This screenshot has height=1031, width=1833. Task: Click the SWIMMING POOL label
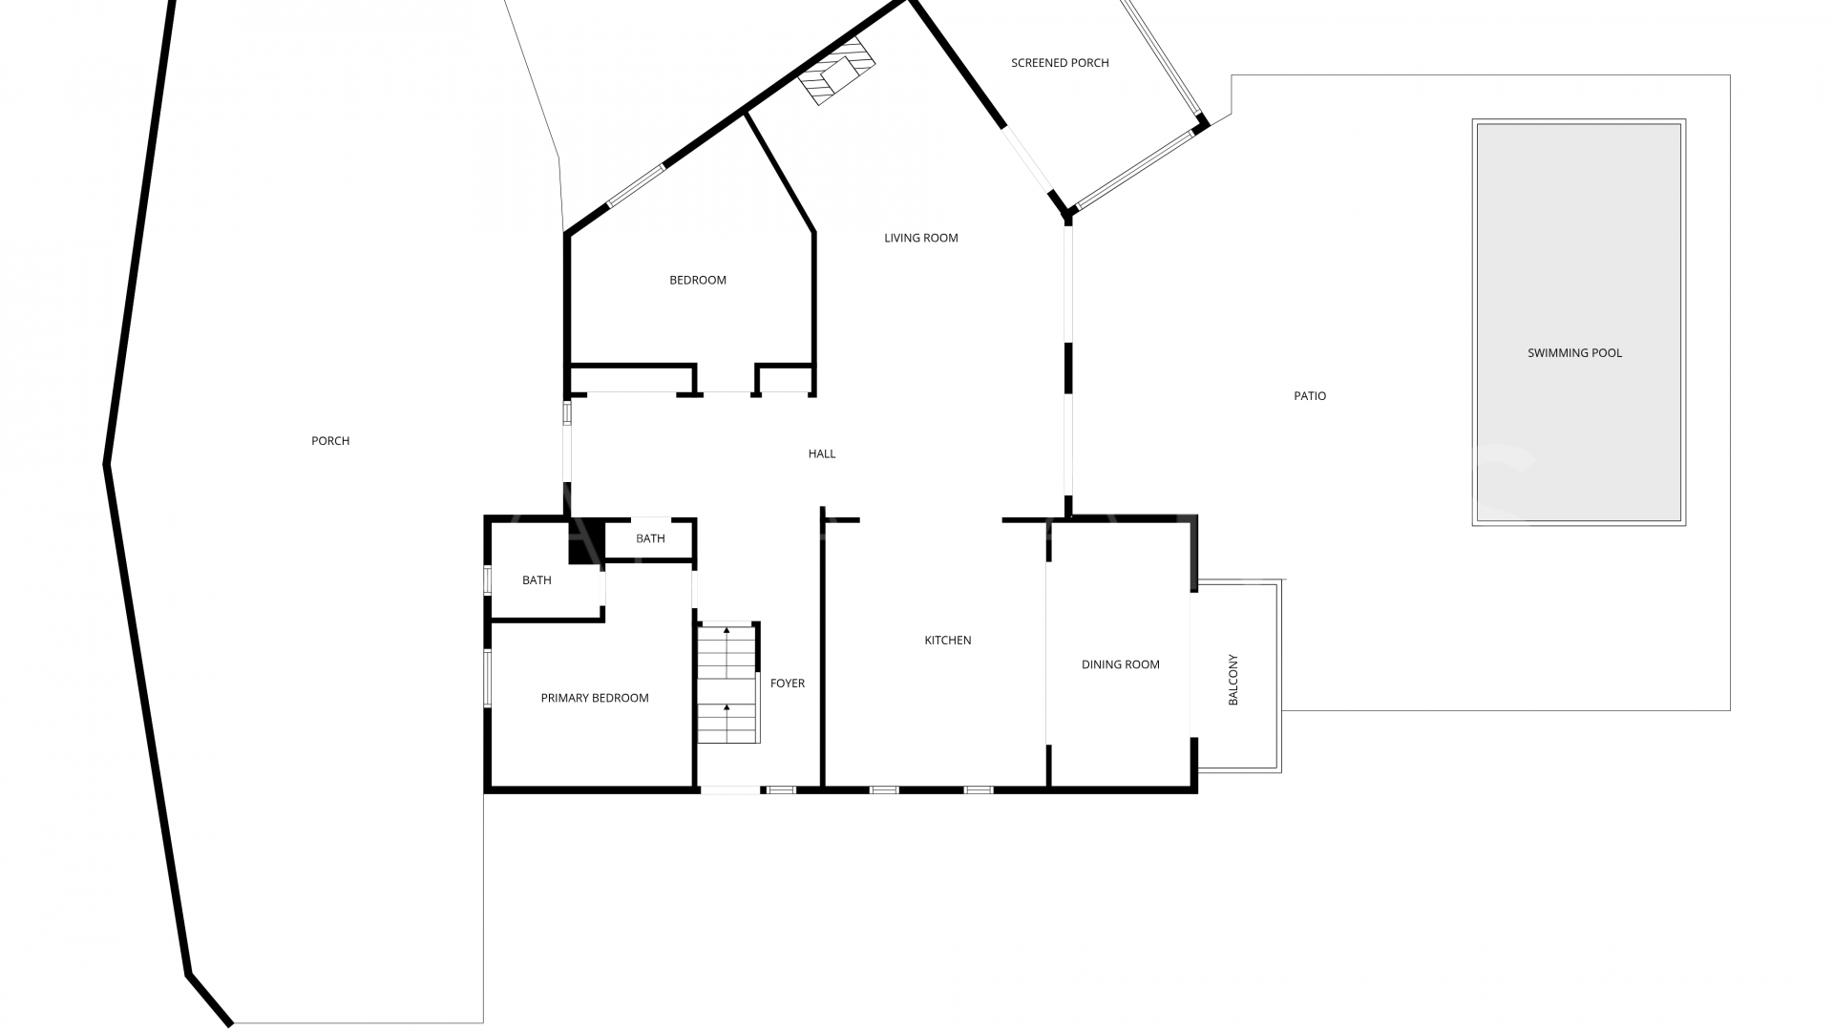[1574, 353]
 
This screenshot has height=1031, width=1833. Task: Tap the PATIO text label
[1310, 396]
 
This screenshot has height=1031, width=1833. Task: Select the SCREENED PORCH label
[1060, 63]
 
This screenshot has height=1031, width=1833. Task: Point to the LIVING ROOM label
[920, 238]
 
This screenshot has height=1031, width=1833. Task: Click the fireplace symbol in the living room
[837, 71]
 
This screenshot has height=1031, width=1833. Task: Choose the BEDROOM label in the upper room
[698, 280]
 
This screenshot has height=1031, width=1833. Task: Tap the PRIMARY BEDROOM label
[595, 698]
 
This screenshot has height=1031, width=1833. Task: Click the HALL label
[822, 453]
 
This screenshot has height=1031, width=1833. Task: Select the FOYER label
[788, 684]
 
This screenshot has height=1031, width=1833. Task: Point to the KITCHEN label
[948, 641]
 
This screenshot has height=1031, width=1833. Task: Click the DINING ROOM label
[1121, 664]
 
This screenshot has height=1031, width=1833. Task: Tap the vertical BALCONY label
[1233, 680]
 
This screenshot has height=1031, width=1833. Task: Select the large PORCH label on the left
[330, 441]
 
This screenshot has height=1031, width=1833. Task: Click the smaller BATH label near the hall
[650, 538]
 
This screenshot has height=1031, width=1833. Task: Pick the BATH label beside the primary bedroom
[537, 580]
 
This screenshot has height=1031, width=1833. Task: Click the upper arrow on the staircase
[727, 631]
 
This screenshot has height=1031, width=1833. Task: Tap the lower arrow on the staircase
[727, 707]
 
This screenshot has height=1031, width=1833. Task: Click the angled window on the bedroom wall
[636, 186]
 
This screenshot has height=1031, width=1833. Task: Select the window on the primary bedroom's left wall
[487, 678]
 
